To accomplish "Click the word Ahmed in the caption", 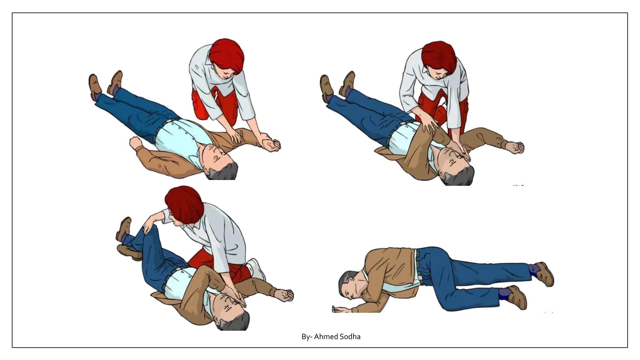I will click(326, 337).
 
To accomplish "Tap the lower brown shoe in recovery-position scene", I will click(517, 298).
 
